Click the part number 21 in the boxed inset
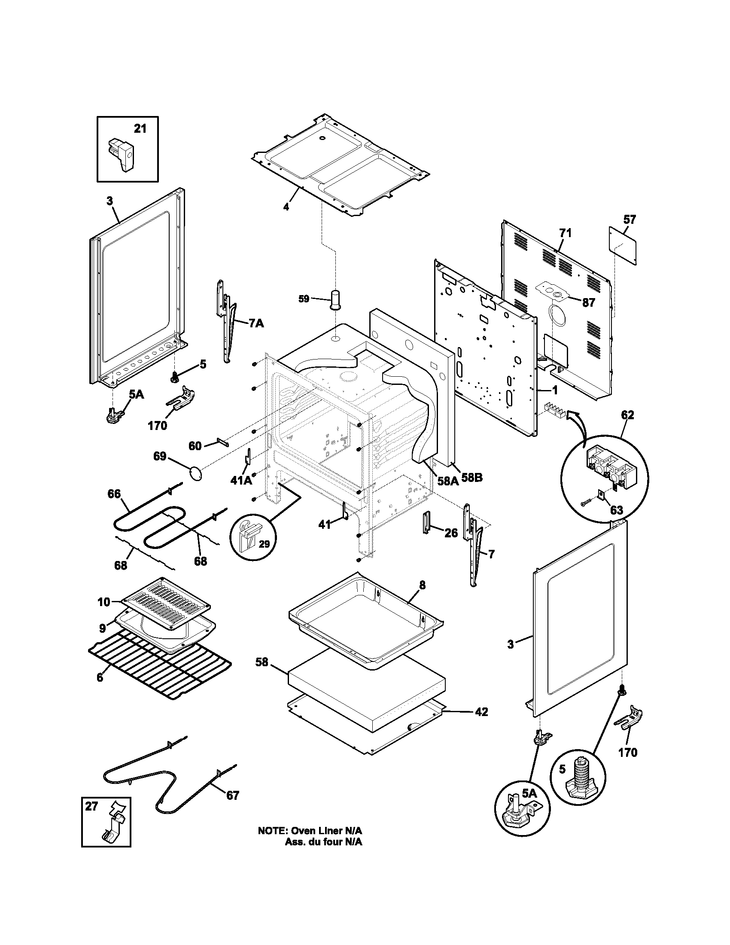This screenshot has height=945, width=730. coord(140,128)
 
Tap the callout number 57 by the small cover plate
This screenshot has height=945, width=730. coord(629,219)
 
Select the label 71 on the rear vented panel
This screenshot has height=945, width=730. coord(565,233)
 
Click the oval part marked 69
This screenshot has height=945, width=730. coord(195,473)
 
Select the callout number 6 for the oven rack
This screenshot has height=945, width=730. coord(100,677)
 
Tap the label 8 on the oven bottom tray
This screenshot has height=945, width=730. coord(422,585)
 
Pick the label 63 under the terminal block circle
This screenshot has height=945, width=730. coord(616,510)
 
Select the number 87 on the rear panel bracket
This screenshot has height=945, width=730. coord(588,302)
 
